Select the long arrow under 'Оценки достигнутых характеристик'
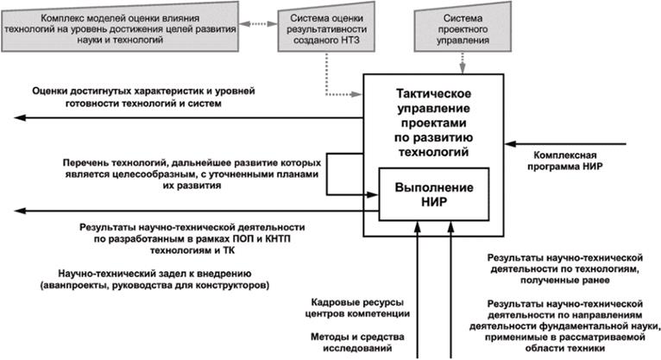(182, 117)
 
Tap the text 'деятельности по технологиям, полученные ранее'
(563, 271)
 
